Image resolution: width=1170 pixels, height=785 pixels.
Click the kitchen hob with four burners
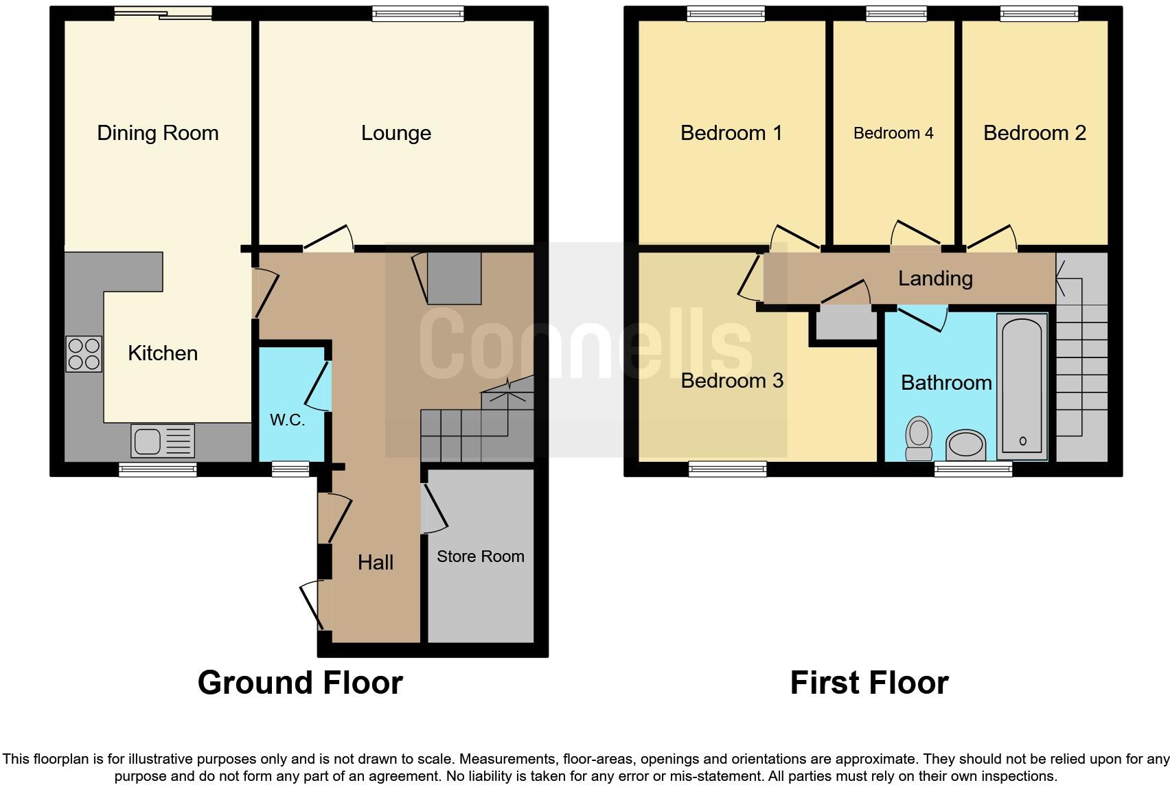84,353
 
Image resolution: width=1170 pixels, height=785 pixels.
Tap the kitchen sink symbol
163,441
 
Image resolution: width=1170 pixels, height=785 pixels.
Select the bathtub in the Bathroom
1022,388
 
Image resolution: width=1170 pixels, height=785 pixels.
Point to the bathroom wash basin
965,444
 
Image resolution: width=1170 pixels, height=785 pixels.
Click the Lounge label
396,133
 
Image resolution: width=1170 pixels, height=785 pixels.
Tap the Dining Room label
158,133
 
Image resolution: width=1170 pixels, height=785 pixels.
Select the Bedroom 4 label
893,133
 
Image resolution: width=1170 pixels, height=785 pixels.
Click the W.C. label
287,420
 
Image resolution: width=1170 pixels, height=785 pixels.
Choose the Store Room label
480,556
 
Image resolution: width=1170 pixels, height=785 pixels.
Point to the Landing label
935,279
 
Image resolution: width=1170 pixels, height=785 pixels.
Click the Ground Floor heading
300,683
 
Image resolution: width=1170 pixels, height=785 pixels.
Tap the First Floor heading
869,683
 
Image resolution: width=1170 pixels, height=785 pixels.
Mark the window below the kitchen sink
158,470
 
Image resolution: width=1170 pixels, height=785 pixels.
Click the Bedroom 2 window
1039,13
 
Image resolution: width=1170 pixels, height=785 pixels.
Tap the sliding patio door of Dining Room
163,13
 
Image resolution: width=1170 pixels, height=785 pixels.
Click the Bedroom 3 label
731,381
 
